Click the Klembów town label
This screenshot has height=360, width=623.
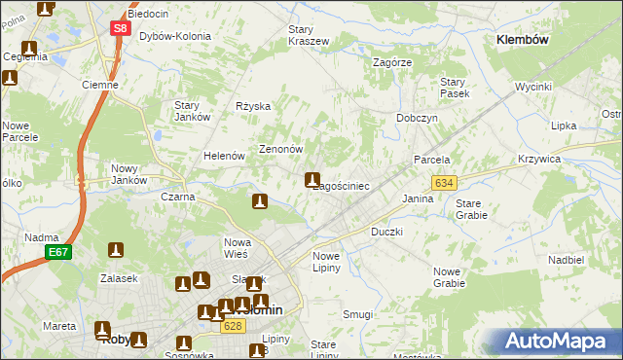pyautogui.click(x=523, y=40)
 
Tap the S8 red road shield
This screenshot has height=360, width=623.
pyautogui.click(x=119, y=29)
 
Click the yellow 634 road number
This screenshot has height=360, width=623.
pyautogui.click(x=444, y=183)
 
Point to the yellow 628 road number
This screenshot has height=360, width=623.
pyautogui.click(x=231, y=326)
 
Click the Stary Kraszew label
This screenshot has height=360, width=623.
pyautogui.click(x=309, y=35)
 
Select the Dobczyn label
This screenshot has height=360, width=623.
pyautogui.click(x=417, y=118)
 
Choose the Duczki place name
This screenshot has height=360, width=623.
pyautogui.click(x=386, y=233)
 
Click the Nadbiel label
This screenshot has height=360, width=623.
pyautogui.click(x=566, y=260)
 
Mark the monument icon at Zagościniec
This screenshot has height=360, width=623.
pyautogui.click(x=312, y=179)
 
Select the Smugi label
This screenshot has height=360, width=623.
pyautogui.click(x=358, y=314)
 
